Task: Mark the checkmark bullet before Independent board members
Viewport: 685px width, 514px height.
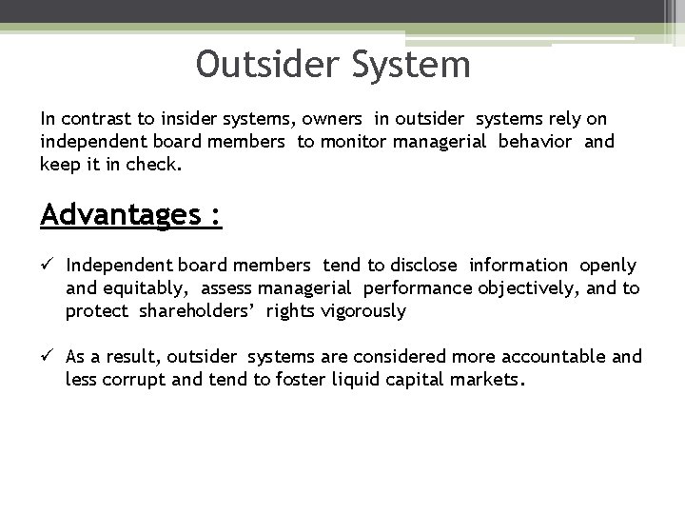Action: (48, 266)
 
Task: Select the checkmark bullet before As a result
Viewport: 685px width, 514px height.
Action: (48, 357)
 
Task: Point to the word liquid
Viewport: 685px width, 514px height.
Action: (351, 380)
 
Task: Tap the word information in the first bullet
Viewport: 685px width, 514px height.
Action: (519, 266)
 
